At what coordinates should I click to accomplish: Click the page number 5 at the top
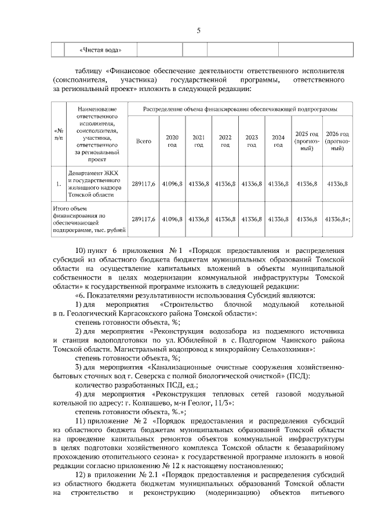198,31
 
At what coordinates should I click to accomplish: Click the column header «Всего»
143,141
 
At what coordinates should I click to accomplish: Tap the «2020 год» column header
172,141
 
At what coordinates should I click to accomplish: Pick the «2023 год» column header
251,141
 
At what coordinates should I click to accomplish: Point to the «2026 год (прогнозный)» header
337,141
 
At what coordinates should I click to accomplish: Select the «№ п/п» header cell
58,134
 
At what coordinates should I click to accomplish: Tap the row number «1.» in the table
58,184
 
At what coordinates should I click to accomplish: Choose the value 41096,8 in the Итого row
172,219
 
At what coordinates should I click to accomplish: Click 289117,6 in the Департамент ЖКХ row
143,184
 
